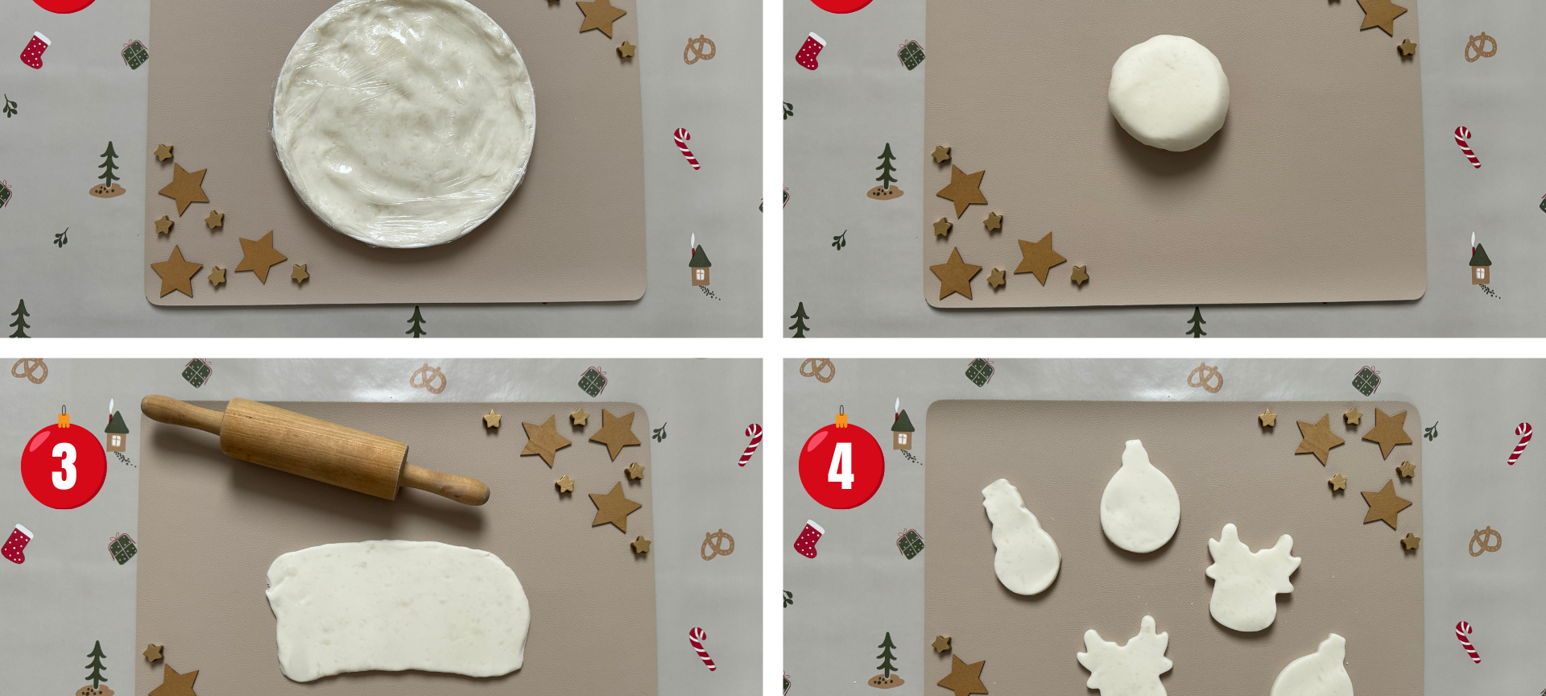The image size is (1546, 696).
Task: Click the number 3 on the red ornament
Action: coord(64,466)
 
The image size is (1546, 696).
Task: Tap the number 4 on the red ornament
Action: coord(841,466)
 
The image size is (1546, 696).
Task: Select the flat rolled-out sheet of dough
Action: coord(397,611)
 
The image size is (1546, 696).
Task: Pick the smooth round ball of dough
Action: coord(1168,93)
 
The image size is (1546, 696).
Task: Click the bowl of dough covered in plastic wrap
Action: coord(403,121)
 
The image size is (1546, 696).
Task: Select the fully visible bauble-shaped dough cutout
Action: coord(1139,501)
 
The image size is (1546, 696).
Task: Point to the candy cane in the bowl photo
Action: coord(687,148)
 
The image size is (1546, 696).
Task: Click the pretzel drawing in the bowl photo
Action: coord(699,50)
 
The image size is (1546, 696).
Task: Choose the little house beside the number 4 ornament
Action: coord(902,430)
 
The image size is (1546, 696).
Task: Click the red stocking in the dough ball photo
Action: coord(811,51)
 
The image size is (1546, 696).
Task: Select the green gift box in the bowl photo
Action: coord(134,54)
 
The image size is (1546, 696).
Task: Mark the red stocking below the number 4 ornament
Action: coord(809,539)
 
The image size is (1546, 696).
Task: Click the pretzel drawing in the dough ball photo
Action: coord(1479,47)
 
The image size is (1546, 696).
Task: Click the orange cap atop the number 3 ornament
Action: coord(64,419)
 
